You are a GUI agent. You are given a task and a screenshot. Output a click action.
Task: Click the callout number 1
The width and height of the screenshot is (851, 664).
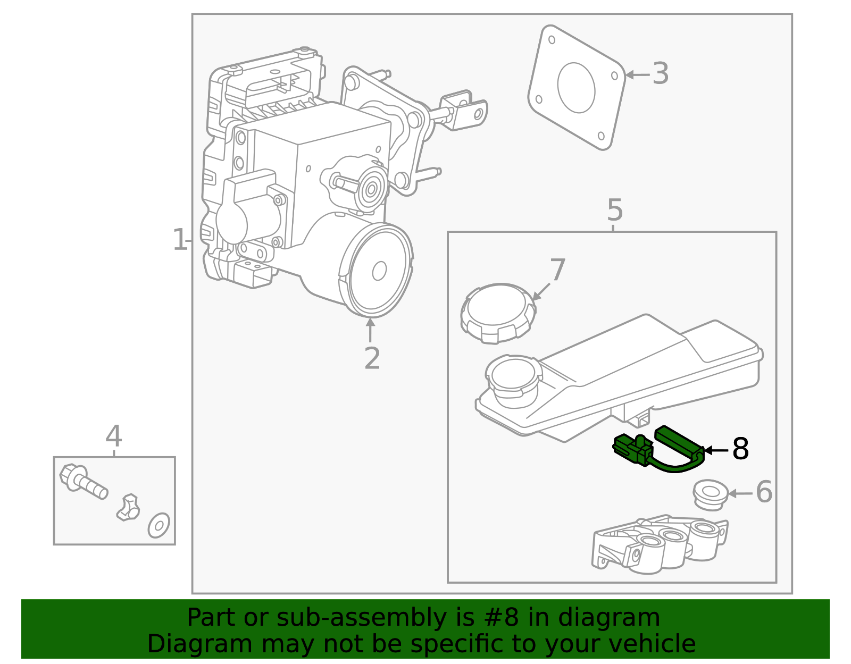coord(180,240)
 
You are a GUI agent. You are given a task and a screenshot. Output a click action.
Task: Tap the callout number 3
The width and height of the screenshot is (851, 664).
coord(660,74)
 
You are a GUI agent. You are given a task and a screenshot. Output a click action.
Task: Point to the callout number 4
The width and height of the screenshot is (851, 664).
coord(114,436)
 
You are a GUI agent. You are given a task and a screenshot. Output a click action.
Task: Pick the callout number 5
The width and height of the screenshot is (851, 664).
coord(614,211)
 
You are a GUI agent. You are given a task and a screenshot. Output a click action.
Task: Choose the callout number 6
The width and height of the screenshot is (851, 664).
coord(764,492)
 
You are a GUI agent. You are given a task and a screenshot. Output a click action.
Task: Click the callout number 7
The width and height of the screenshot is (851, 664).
coord(557,270)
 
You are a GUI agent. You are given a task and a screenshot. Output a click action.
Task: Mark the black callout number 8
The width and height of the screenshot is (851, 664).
coord(740,449)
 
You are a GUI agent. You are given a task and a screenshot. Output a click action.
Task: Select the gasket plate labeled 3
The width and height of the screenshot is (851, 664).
coord(577,88)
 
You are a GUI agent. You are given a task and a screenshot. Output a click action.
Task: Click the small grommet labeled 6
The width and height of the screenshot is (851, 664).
coord(710,494)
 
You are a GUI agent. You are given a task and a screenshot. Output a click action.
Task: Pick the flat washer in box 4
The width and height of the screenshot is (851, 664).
coord(159,525)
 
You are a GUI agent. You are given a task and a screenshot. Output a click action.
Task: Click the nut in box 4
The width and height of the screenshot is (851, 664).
coord(128,508)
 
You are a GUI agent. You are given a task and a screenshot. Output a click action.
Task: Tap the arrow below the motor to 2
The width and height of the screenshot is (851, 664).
coord(370,330)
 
